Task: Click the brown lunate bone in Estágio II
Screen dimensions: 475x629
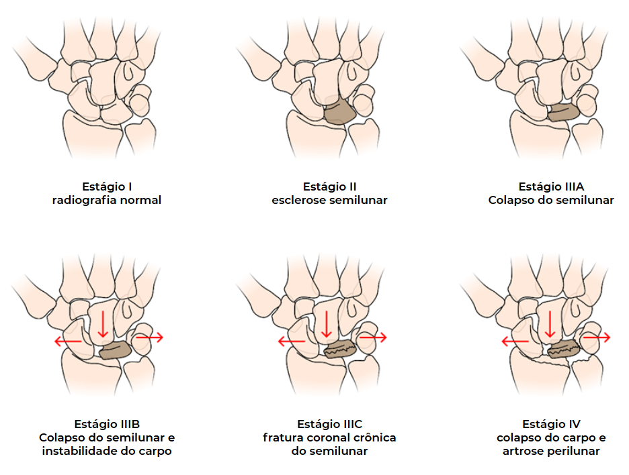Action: [340, 111]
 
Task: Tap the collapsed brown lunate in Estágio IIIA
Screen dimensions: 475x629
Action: [564, 113]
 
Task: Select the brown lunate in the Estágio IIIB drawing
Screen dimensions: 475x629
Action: [115, 350]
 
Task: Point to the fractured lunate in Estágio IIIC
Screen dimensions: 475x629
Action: [339, 350]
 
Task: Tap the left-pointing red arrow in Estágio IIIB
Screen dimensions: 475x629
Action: [68, 341]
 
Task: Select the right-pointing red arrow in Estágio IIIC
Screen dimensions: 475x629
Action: [373, 337]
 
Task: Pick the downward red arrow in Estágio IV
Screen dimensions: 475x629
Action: [550, 323]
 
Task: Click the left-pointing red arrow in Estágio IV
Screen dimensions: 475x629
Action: [515, 342]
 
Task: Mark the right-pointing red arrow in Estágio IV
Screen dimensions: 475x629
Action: [596, 337]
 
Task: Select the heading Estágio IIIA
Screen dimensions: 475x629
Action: [550, 187]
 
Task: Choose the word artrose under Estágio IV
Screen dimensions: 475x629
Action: [522, 451]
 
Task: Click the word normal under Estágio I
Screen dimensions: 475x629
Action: [141, 200]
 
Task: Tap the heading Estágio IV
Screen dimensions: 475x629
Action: [551, 424]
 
